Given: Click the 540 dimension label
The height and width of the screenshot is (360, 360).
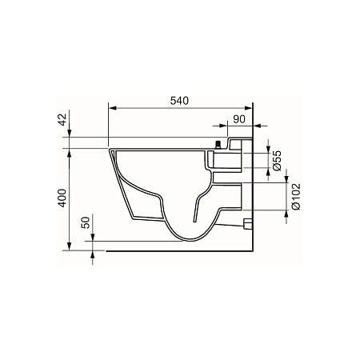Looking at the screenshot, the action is click(x=179, y=101).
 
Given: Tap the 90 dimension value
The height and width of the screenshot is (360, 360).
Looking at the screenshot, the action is click(x=239, y=119).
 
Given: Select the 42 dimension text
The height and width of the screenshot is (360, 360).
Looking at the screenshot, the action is click(x=62, y=119).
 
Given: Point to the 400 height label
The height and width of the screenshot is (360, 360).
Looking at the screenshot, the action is click(x=62, y=198).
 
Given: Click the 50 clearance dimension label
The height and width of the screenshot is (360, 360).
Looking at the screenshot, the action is click(x=86, y=222).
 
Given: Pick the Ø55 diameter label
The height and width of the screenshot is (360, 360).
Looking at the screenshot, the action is click(x=277, y=160).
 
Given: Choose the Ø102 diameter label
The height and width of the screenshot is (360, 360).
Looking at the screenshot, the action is click(x=296, y=197).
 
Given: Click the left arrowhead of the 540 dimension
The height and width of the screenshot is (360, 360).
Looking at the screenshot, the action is click(x=113, y=108).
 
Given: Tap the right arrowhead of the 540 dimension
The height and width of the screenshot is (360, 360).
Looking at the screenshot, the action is click(x=248, y=108).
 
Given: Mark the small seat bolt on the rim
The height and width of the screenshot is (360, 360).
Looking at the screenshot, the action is click(x=218, y=145).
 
